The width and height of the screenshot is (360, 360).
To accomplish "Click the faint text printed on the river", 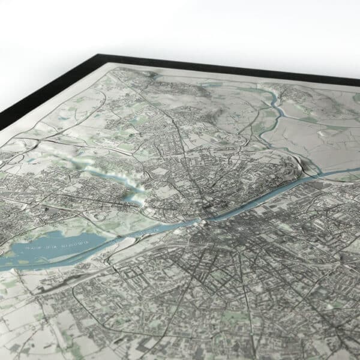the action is (144, 231).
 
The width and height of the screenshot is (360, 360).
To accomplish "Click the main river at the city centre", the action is (210, 216).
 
